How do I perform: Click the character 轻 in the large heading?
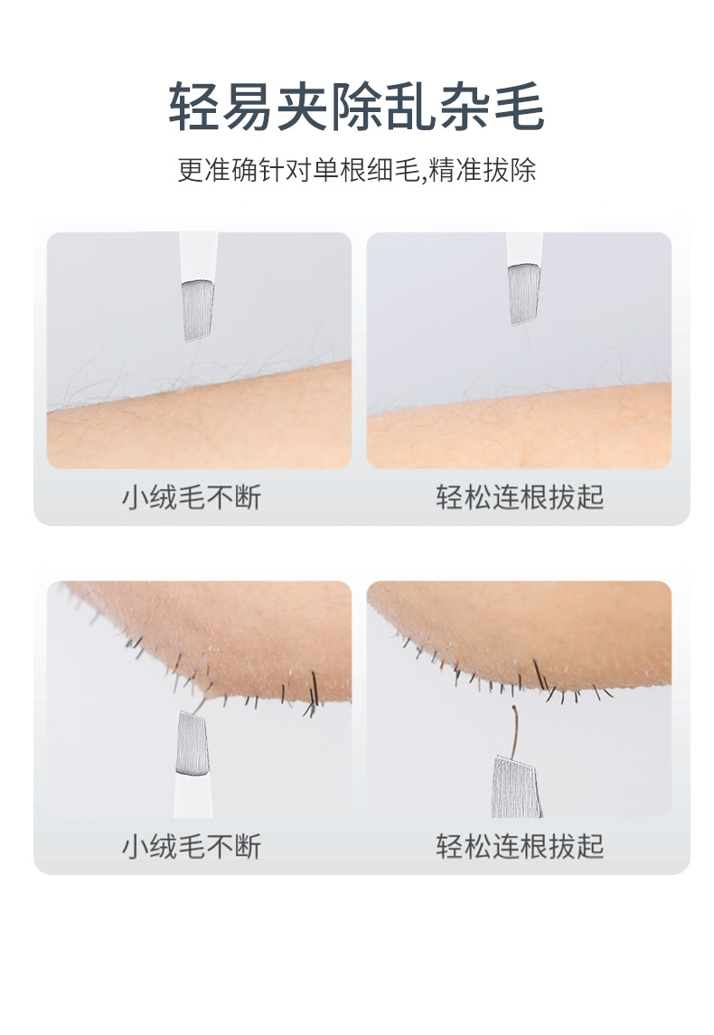pyautogui.click(x=194, y=107)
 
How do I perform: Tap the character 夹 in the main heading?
pyautogui.click(x=302, y=107)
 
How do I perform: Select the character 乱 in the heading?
pyautogui.click(x=410, y=107)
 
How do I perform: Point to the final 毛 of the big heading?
pyautogui.click(x=519, y=107)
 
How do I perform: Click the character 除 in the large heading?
pyautogui.click(x=356, y=107)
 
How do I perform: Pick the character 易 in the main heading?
pyautogui.click(x=249, y=107)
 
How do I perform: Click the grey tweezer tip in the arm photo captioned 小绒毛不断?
pyautogui.click(x=197, y=310)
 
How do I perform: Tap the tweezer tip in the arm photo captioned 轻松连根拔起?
pyautogui.click(x=524, y=294)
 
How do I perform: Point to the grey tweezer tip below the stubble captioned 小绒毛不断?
pyautogui.click(x=193, y=743)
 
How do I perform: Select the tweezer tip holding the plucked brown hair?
pyautogui.click(x=517, y=786)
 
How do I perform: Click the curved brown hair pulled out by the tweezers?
pyautogui.click(x=515, y=731)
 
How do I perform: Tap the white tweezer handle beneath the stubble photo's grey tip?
pyautogui.click(x=193, y=796)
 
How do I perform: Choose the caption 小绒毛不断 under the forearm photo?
pyautogui.click(x=192, y=497)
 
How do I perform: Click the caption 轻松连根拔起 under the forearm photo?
pyautogui.click(x=520, y=497)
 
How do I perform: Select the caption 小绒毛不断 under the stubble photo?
pyautogui.click(x=192, y=845)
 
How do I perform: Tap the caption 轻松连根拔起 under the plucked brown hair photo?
pyautogui.click(x=520, y=845)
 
